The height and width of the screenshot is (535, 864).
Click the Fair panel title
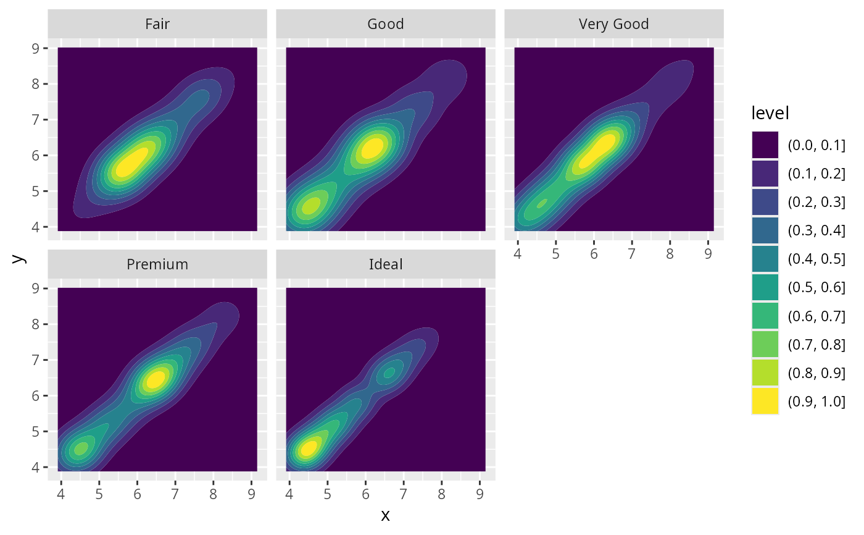pos(157,24)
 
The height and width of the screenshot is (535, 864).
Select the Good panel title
pos(385,24)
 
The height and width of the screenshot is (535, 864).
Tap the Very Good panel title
pos(613,24)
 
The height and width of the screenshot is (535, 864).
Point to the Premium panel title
pos(157,264)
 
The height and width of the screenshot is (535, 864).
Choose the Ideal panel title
pos(385,264)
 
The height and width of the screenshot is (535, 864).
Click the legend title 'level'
pos(771,113)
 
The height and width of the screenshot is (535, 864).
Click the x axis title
pos(385,515)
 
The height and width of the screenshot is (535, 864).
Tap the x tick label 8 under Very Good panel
pos(670,255)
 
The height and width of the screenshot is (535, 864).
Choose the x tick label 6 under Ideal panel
pos(365,495)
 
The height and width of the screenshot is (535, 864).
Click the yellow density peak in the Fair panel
pos(132,162)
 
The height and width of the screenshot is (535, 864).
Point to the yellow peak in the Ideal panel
pos(308,447)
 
